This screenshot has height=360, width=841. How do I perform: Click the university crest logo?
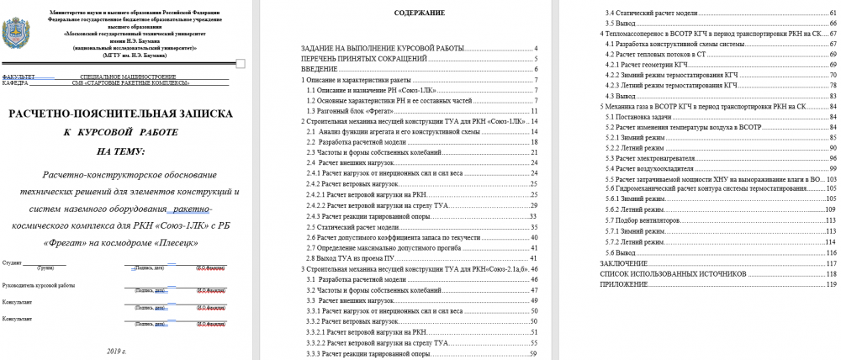[x=19, y=34]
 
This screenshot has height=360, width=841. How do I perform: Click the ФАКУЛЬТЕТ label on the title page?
[x=20, y=77]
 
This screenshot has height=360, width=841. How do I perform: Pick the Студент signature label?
[x=13, y=263]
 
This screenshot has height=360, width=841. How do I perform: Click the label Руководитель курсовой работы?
[x=38, y=285]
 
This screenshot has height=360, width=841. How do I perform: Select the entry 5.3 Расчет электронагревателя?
[x=662, y=158]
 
